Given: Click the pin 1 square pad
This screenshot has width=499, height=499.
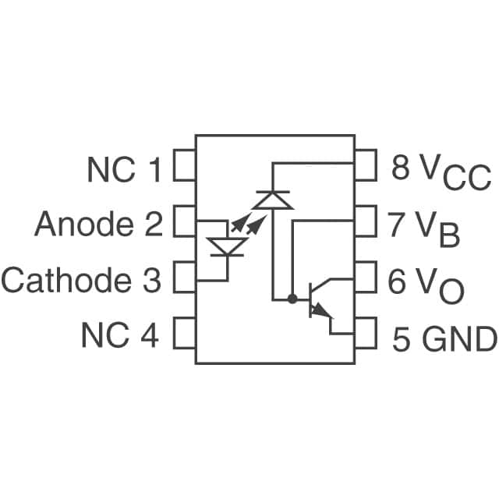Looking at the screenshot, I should coord(184,168).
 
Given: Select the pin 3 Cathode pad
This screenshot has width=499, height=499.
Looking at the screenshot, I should coord(184,278).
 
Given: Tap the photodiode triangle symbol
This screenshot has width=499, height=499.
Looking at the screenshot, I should coord(272,200).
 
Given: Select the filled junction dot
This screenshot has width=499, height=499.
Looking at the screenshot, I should coord(292,298).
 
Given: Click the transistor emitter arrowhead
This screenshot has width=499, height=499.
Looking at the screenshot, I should coord(320,311).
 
